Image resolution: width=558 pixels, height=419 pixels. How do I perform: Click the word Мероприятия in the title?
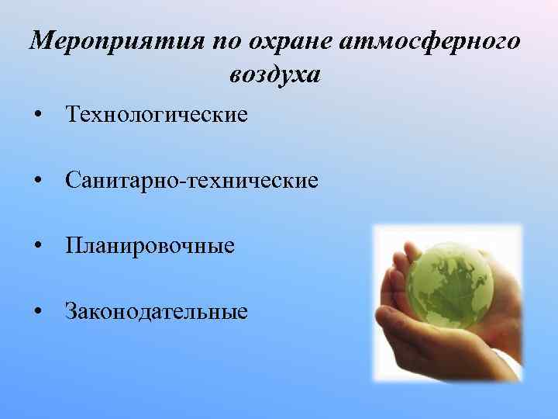tap(115, 41)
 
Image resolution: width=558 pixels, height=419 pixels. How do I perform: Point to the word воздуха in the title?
tap(274, 75)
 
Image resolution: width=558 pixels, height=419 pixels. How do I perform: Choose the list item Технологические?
tap(157, 115)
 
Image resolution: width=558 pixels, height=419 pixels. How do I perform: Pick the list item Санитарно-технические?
tap(191, 181)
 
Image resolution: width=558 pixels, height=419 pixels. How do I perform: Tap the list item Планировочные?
tap(150, 247)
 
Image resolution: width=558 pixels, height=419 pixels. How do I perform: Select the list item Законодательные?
tap(157, 312)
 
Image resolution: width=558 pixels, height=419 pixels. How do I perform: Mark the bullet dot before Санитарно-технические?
tap(38, 182)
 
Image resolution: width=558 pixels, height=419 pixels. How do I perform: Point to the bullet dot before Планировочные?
tap(38, 248)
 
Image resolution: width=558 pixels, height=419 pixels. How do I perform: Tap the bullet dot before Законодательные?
tap(38, 313)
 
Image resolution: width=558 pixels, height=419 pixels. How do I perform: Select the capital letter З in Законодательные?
tap(72, 312)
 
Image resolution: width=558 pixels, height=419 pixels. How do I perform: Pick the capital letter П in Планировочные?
tap(74, 247)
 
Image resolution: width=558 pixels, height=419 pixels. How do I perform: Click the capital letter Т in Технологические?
tap(74, 115)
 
